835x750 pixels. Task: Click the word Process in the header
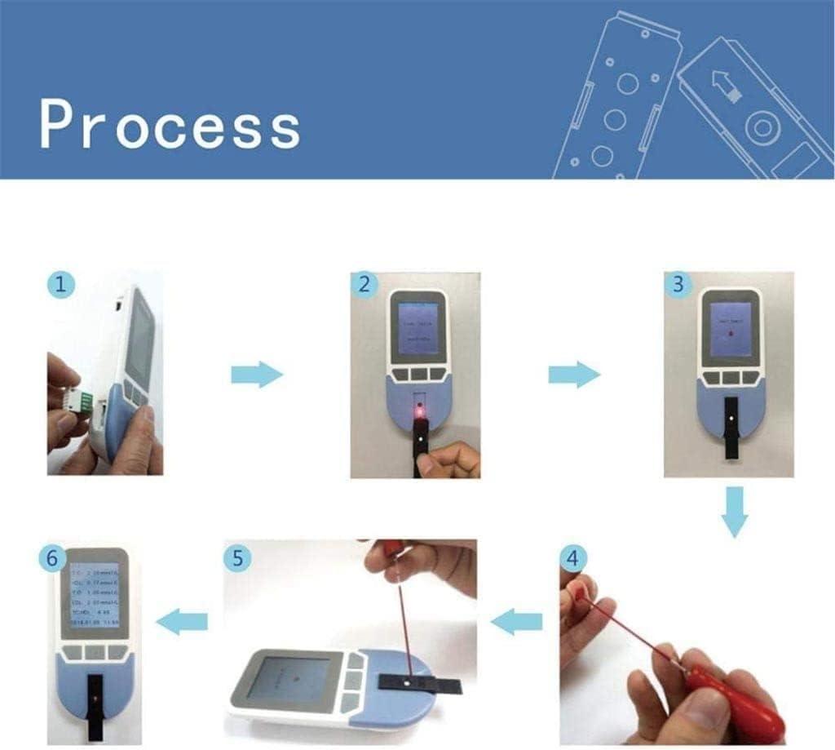(x=170, y=126)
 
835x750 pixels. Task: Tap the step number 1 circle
(x=61, y=285)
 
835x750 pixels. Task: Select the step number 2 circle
(x=364, y=285)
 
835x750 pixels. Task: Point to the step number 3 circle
(x=678, y=285)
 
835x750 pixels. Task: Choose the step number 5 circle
(x=237, y=558)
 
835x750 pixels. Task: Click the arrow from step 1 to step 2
(x=256, y=375)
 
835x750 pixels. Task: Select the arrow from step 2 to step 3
(x=573, y=375)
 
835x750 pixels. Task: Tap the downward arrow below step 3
(x=735, y=512)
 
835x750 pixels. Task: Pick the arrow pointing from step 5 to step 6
(x=181, y=623)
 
